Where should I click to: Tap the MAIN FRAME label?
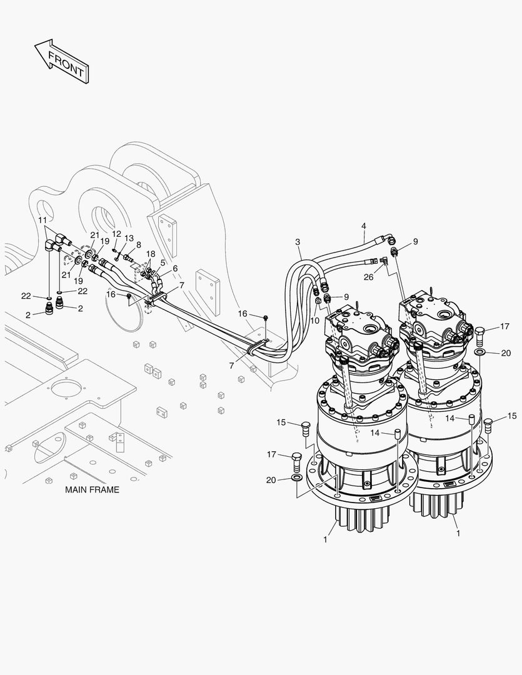click(x=92, y=490)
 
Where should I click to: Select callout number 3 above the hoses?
click(x=298, y=242)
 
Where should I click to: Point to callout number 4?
click(x=363, y=226)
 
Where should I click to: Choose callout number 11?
click(x=43, y=220)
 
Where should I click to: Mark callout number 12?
click(x=116, y=234)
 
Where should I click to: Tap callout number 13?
click(x=129, y=238)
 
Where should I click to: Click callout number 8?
click(x=138, y=245)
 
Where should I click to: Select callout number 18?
click(x=151, y=254)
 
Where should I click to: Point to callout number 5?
click(x=163, y=262)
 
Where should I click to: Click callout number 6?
click(x=175, y=268)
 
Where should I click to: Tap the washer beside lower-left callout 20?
click(x=296, y=479)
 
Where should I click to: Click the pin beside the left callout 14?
click(x=396, y=433)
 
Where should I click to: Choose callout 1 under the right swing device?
click(x=459, y=534)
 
